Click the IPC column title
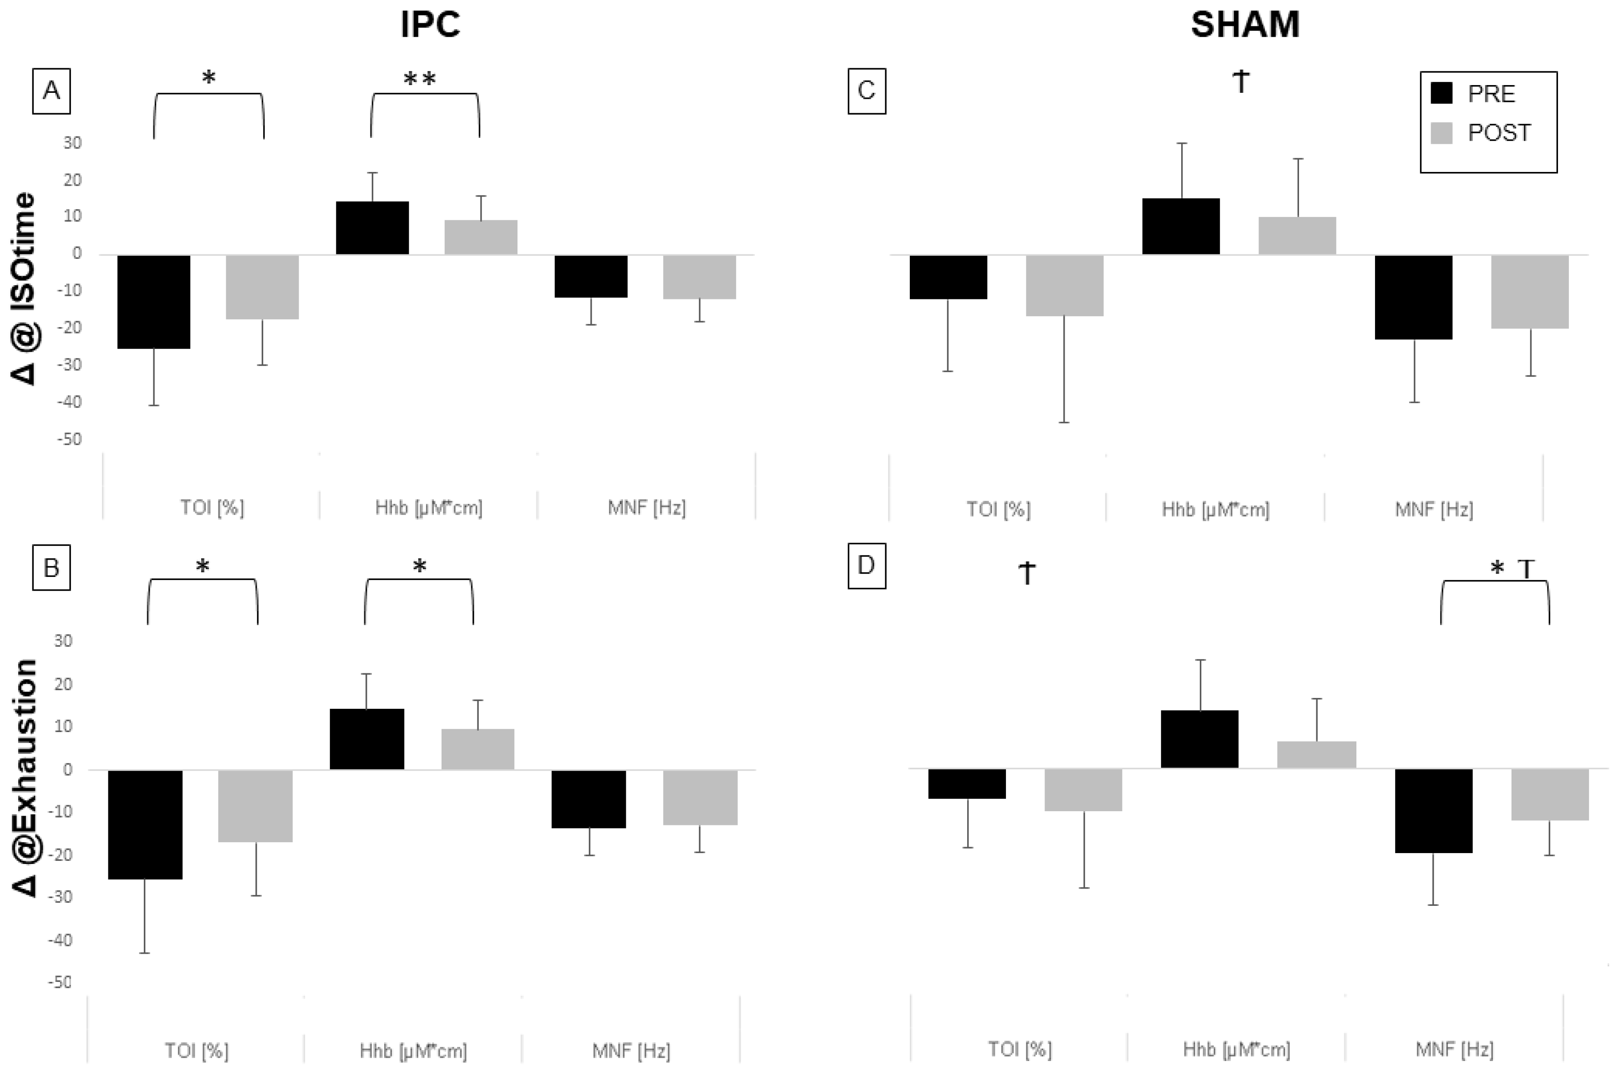point(431,25)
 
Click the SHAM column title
point(1244,25)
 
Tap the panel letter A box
point(51,90)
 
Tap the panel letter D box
point(867,565)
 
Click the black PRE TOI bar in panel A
point(154,301)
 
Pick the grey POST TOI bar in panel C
point(1065,286)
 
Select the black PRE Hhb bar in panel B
point(367,739)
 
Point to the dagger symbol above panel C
point(1241,82)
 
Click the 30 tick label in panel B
point(63,641)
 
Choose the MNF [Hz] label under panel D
point(1454,1048)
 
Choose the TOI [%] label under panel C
point(998,509)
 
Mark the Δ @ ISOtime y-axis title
point(26,288)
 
